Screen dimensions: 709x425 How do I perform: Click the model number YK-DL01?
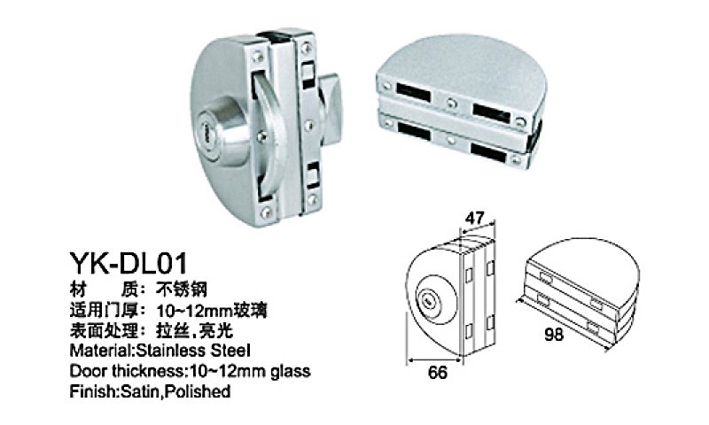128,263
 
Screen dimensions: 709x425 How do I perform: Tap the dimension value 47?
475,218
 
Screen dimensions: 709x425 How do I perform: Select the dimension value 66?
437,373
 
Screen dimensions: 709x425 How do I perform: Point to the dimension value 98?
554,335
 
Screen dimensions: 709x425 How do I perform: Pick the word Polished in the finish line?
197,391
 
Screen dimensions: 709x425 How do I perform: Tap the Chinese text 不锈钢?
182,289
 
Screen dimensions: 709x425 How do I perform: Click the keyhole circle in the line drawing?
426,299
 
